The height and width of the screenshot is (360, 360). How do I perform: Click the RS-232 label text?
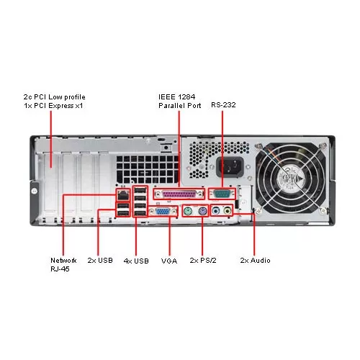223,105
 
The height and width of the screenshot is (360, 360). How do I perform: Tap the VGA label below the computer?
169,261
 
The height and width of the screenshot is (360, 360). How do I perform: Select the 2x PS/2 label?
203,261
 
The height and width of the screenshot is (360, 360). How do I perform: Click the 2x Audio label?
256,261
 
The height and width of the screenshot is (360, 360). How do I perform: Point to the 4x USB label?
136,261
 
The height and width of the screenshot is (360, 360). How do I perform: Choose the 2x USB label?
100,261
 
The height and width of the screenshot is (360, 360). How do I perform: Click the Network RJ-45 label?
63,265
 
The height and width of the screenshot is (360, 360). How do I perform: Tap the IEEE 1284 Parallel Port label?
180,102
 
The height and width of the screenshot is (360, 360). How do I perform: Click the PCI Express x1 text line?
53,106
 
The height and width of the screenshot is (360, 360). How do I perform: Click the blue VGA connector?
163,212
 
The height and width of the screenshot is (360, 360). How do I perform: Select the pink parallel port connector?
179,194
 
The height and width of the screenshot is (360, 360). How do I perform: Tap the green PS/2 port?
188,211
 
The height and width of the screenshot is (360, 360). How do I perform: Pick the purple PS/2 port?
203,211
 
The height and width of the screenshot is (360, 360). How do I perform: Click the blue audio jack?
216,211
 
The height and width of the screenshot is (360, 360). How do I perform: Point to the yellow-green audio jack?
227,211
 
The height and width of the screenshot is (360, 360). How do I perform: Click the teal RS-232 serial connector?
222,194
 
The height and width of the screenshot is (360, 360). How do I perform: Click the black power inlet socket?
230,167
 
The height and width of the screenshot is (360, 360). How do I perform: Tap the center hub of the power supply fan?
291,179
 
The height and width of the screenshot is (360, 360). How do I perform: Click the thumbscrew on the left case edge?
35,191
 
